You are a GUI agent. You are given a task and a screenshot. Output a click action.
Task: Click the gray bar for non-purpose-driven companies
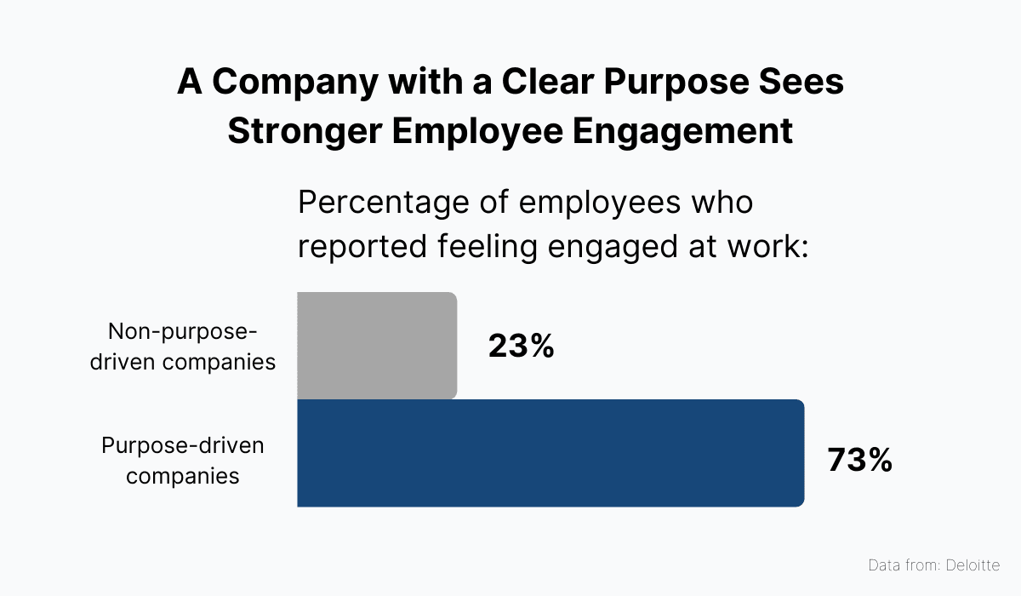coord(377,346)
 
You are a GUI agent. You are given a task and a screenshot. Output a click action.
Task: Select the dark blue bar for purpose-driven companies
coord(550,453)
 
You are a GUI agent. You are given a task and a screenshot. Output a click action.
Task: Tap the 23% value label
coord(521,347)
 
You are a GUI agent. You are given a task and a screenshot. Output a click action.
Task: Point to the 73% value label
coord(859,461)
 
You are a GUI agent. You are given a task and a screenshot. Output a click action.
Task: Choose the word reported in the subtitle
coord(359,248)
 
